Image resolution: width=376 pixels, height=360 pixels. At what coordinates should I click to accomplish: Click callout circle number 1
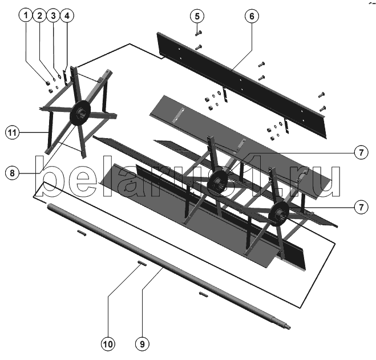click(26, 15)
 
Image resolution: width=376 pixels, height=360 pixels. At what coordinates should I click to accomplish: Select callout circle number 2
click(39, 15)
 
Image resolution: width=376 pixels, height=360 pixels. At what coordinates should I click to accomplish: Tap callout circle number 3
click(53, 15)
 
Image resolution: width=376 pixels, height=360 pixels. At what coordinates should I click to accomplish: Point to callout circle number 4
click(67, 15)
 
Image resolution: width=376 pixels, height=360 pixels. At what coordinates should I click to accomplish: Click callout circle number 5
click(197, 17)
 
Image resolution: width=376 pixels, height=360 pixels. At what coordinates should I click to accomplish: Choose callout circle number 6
click(252, 17)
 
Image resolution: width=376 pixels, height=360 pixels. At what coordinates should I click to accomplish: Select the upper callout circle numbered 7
click(361, 152)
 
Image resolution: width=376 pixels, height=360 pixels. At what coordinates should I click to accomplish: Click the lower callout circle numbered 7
click(361, 207)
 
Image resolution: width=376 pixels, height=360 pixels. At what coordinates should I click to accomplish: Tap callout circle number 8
click(12, 173)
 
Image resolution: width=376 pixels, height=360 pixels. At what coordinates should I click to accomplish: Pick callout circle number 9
click(142, 344)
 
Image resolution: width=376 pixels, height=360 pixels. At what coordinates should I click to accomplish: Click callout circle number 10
click(108, 344)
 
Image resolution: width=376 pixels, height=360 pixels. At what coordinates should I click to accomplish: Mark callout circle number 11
click(12, 132)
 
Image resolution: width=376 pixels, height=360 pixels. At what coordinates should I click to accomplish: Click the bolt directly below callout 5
click(199, 33)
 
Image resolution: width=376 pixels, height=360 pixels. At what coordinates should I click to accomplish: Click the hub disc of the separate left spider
click(80, 112)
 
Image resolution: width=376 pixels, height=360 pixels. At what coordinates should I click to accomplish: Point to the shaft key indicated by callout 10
click(141, 263)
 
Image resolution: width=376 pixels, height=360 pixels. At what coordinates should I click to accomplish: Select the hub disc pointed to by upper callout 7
click(217, 182)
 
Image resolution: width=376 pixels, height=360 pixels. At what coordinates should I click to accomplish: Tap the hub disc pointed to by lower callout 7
click(279, 213)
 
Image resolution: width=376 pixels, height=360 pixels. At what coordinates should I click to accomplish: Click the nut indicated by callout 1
click(48, 83)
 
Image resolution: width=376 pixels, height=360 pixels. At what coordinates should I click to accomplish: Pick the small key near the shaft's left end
click(82, 233)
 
